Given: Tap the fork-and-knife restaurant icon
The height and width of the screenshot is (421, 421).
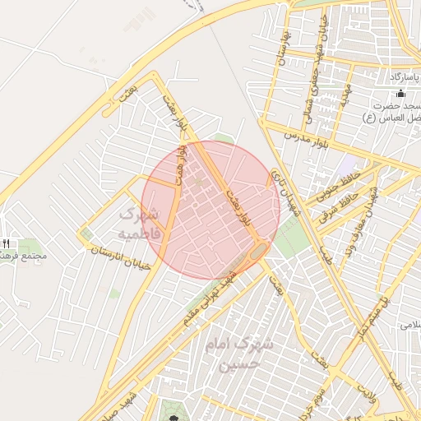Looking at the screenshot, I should click(7, 243).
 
